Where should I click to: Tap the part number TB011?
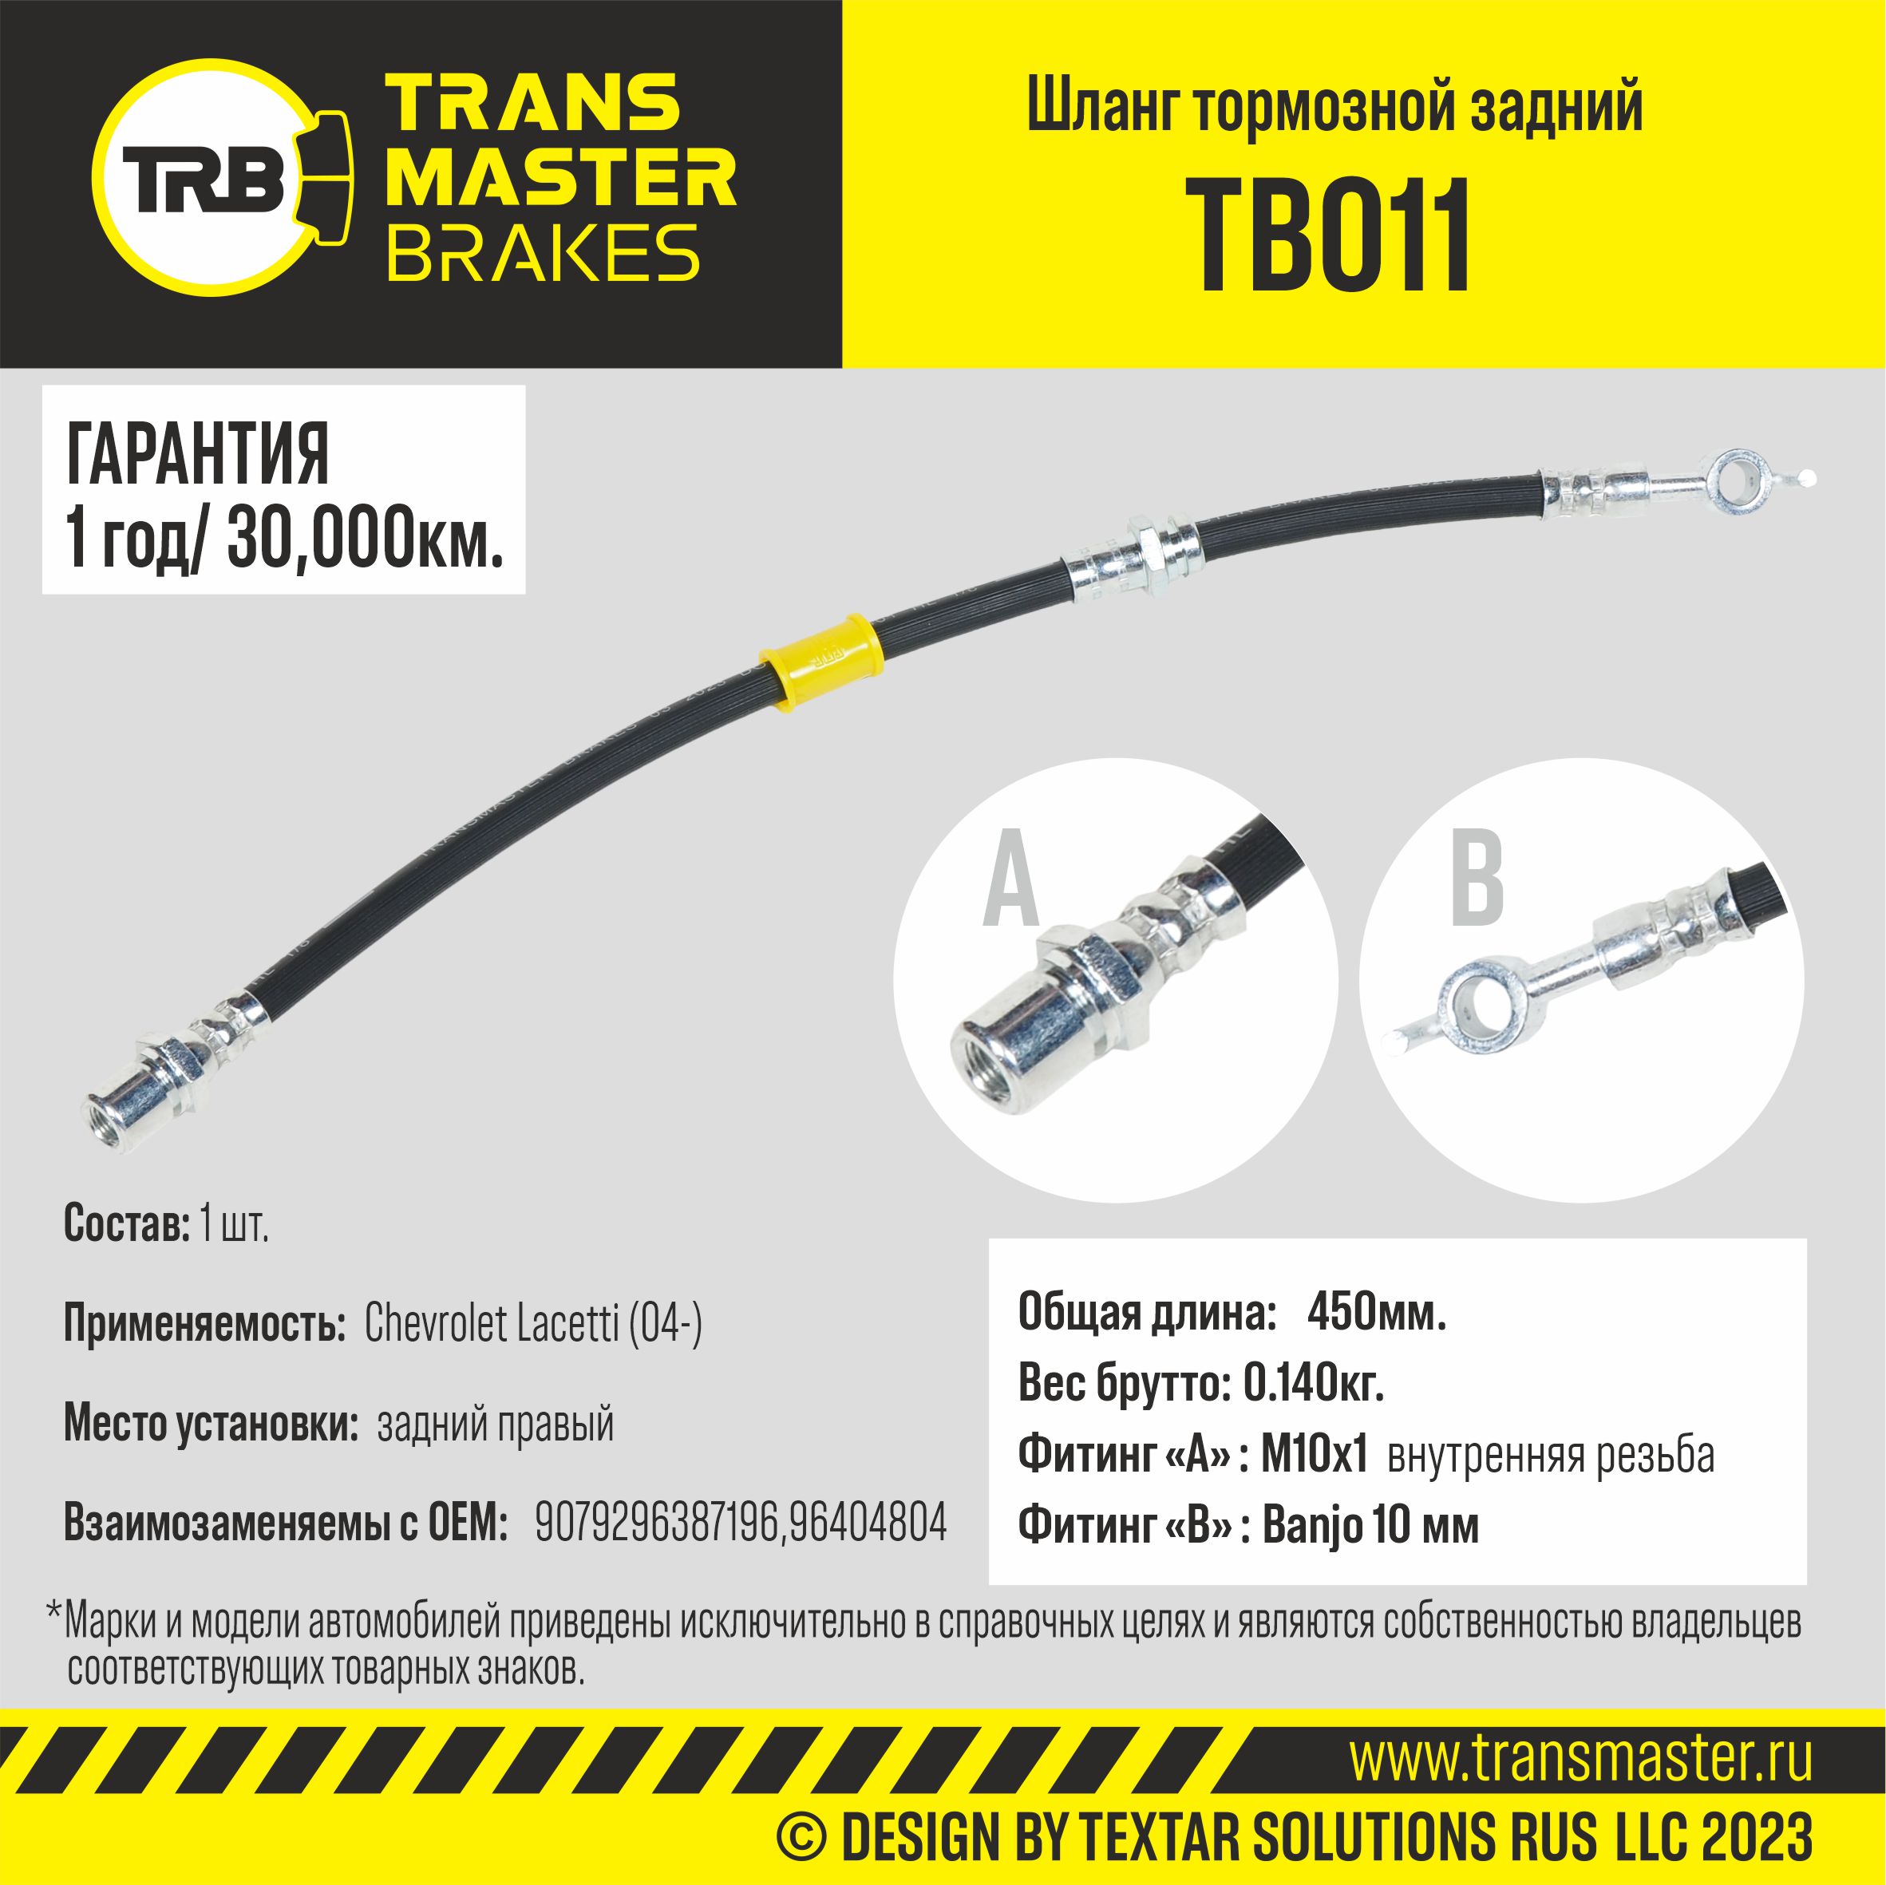pos(1334,236)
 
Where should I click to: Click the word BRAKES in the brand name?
pos(544,252)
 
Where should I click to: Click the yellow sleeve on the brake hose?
pos(819,661)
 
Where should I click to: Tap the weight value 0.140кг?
pos(1313,1383)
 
